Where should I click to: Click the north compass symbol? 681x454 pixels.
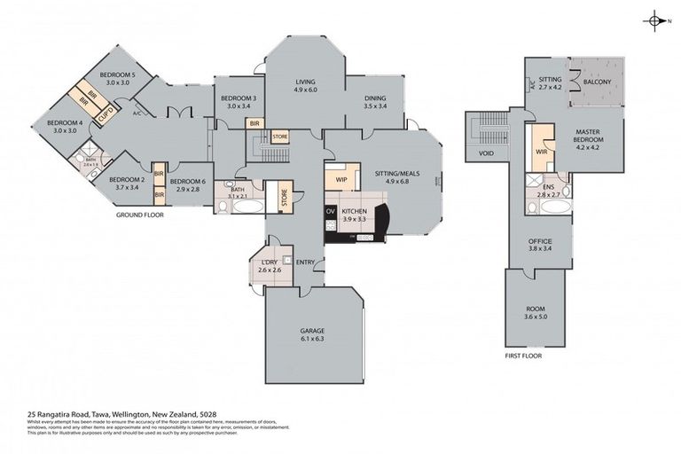pos(654,20)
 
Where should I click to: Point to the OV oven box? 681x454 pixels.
pos(331,211)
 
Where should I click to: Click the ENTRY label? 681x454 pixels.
pos(305,262)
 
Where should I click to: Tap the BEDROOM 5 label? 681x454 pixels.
pos(116,75)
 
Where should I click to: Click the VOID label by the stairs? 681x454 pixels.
pos(485,153)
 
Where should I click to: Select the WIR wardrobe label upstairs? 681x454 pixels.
pos(541,152)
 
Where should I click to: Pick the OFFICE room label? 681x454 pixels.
pos(540,241)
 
